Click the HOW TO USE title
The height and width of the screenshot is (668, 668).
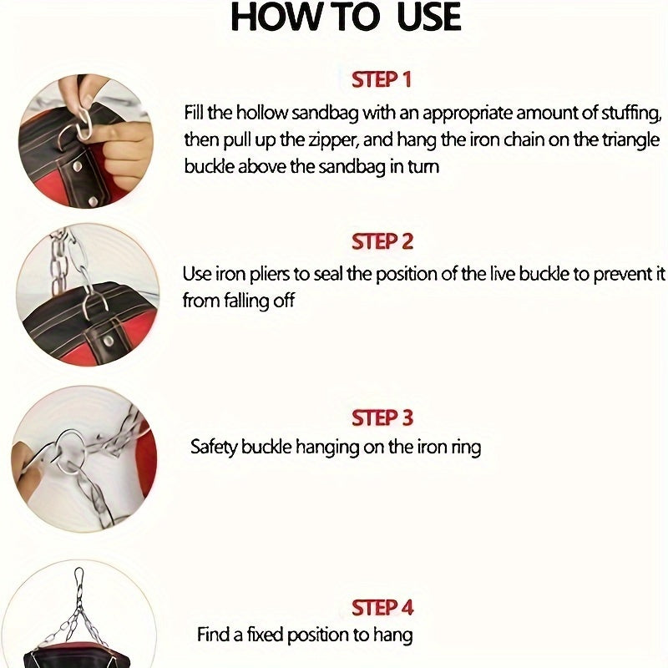click(346, 18)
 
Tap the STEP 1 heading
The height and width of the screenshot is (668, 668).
click(382, 79)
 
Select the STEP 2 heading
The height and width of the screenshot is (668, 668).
click(382, 241)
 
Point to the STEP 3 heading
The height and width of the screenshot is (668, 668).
click(382, 417)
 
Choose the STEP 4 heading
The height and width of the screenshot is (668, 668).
click(382, 608)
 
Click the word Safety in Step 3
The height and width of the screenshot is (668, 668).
click(214, 448)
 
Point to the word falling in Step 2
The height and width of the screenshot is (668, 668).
click(246, 301)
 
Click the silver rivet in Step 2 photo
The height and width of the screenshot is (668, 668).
click(109, 341)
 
